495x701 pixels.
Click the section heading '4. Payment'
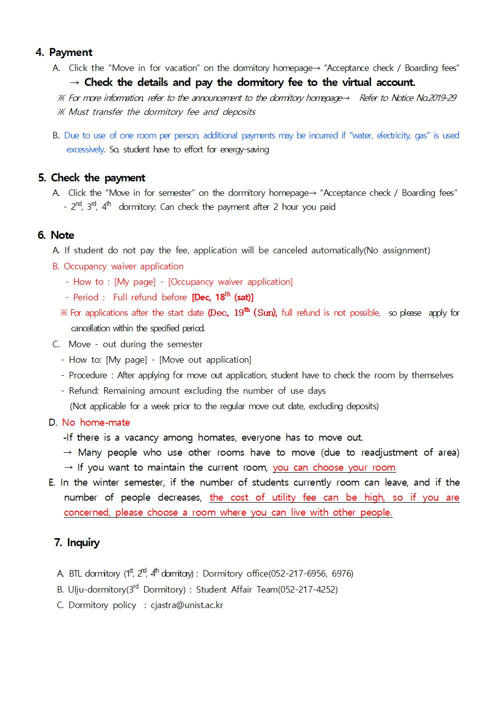(x=64, y=52)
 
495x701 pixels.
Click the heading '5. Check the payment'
(x=92, y=178)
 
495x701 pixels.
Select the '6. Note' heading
(x=56, y=235)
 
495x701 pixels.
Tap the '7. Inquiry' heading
(x=77, y=543)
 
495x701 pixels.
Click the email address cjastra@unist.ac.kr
(x=187, y=605)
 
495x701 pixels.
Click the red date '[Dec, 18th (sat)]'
(x=223, y=297)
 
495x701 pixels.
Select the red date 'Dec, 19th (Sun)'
(x=243, y=313)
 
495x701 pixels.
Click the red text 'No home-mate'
(x=96, y=423)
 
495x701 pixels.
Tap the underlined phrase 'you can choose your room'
(x=334, y=468)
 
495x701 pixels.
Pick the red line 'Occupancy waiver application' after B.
(x=123, y=266)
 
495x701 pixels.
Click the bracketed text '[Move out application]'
(x=205, y=360)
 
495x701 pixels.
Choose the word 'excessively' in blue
(x=85, y=149)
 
